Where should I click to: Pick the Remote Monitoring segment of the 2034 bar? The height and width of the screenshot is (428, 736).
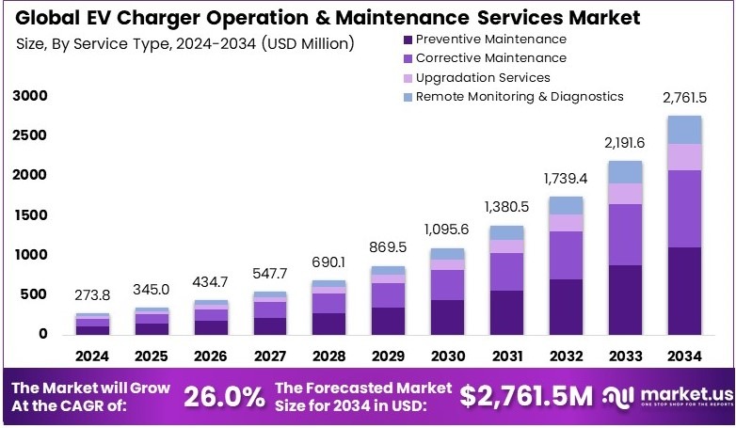coord(684,130)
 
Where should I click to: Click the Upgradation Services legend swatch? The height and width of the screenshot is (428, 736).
coord(407,77)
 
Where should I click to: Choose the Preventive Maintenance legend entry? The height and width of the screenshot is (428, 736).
coord(490,40)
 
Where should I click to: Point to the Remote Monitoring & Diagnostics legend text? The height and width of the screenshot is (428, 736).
coord(520,96)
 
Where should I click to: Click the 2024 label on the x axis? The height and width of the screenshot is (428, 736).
coord(91,357)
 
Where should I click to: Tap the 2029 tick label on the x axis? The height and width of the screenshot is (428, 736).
coord(388,357)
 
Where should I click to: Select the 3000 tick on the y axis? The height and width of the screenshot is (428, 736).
coord(29,96)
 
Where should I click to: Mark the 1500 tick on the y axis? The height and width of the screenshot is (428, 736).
coord(29,215)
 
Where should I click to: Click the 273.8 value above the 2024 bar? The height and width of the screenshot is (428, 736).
coord(92,295)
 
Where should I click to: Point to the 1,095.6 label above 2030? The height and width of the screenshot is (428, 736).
coord(447,229)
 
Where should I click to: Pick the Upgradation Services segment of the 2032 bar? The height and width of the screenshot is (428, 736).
coord(566,222)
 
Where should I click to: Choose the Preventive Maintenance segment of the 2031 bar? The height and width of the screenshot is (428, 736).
coord(506,312)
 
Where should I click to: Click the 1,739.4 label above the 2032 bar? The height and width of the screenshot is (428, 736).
coord(566,178)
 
